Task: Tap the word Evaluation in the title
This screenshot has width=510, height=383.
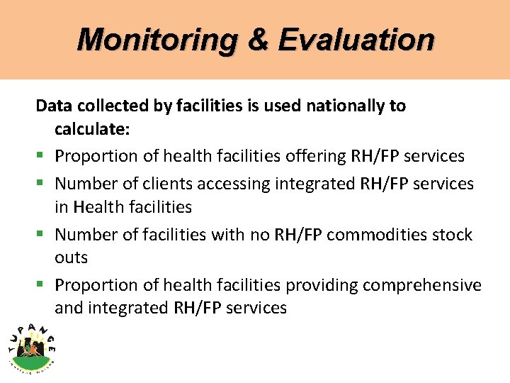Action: click(x=356, y=40)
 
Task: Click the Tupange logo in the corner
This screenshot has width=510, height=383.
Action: click(x=33, y=344)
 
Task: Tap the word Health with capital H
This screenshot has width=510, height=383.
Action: click(x=96, y=207)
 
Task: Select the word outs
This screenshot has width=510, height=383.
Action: click(x=71, y=257)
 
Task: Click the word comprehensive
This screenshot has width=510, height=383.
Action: click(x=422, y=285)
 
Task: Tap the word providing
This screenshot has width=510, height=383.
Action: click(x=322, y=285)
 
